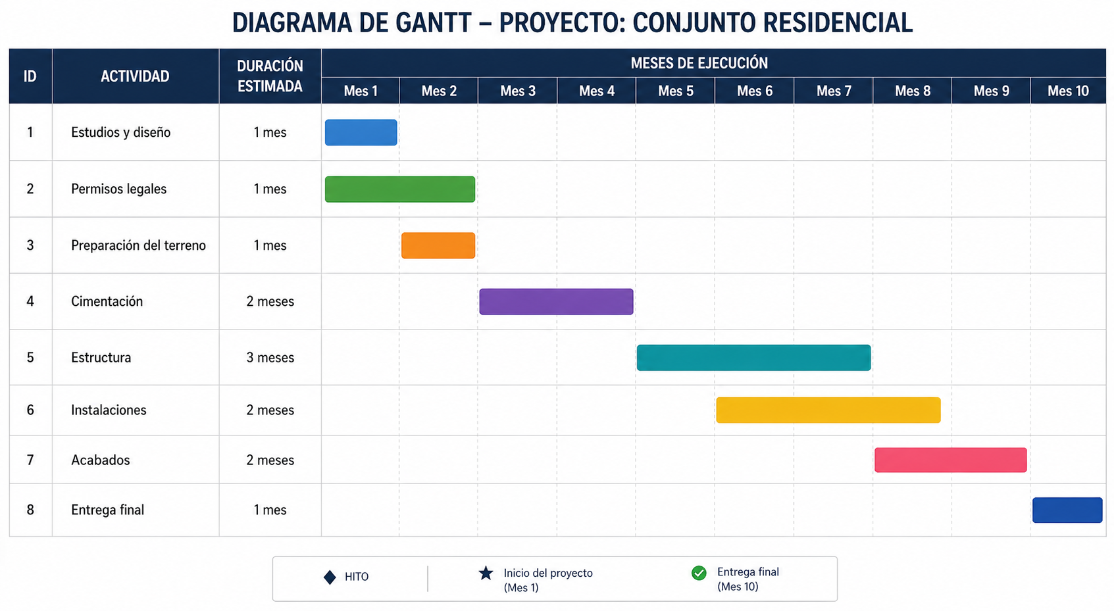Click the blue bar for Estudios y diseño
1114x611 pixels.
[361, 132]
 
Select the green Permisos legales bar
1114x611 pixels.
[400, 189]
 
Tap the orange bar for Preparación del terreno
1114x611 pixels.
[438, 245]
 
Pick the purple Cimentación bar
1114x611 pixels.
[556, 301]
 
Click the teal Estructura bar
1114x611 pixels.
[754, 357]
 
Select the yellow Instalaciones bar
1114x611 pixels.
[828, 410]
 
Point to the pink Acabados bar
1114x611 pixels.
[950, 460]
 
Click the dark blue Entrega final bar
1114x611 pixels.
[1067, 510]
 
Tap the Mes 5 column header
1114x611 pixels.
[675, 91]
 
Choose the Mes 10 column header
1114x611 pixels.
[1068, 91]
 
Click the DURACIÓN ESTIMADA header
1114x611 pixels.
[270, 76]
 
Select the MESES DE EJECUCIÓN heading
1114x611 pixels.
[699, 63]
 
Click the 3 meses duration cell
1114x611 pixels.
[270, 357]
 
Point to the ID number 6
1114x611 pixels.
[30, 410]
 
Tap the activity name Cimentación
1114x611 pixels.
[107, 301]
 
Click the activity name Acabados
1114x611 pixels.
[101, 460]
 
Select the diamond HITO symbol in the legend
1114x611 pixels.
[330, 577]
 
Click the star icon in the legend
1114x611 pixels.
[486, 574]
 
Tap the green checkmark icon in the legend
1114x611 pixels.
[699, 574]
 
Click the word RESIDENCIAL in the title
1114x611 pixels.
[838, 23]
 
